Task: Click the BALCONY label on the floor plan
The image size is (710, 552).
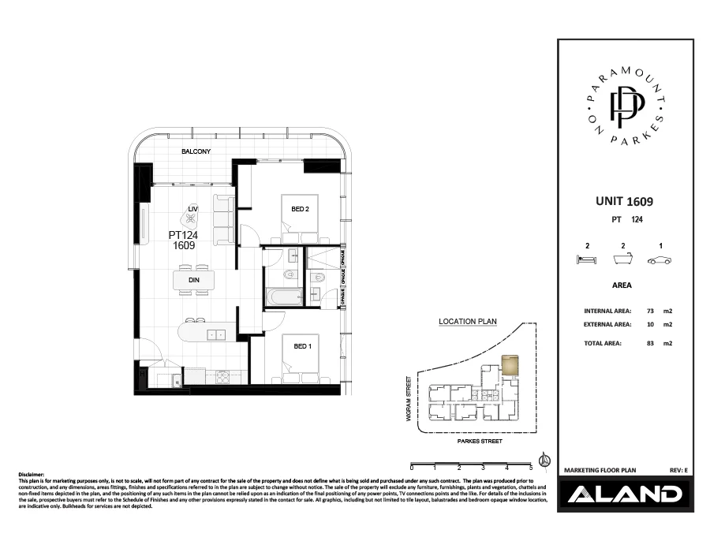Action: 196,151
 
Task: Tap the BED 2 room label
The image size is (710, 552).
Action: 289,209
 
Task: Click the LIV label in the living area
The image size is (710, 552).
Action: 192,208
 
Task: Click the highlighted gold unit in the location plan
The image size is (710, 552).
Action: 511,364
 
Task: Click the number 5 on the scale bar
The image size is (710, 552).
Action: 531,468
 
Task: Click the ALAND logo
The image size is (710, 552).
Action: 622,494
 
